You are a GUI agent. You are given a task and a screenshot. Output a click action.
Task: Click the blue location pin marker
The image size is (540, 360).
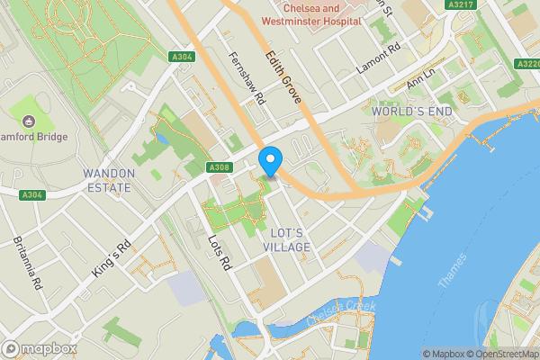coord(269,162)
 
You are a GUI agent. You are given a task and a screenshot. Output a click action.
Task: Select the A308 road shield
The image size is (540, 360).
coord(219,167)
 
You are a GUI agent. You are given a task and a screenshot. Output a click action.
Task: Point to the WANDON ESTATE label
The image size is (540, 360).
coord(108,180)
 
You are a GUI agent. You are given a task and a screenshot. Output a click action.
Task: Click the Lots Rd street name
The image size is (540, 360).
coord(220,252)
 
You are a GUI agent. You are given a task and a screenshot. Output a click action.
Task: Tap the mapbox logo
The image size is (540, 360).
coord(40,348)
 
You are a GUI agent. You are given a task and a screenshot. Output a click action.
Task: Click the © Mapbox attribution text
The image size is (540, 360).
coord(445,354)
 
